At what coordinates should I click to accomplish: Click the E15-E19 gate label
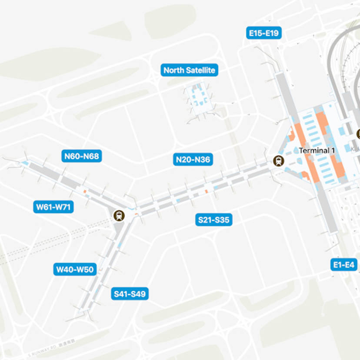(264, 33)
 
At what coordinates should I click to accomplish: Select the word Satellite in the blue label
(201, 70)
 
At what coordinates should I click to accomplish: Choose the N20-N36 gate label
(193, 160)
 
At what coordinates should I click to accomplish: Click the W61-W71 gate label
(53, 207)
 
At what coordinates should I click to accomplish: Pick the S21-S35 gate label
(213, 220)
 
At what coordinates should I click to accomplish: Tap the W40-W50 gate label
(75, 270)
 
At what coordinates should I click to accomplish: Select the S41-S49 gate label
(130, 294)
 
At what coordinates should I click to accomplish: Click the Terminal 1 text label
(317, 150)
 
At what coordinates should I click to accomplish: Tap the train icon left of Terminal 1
(277, 161)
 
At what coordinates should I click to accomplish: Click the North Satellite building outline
(198, 100)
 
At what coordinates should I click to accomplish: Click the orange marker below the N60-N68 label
(85, 191)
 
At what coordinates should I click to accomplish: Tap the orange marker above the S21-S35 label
(206, 190)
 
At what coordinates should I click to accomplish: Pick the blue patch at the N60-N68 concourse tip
(25, 163)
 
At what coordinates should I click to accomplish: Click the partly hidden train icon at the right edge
(358, 135)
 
